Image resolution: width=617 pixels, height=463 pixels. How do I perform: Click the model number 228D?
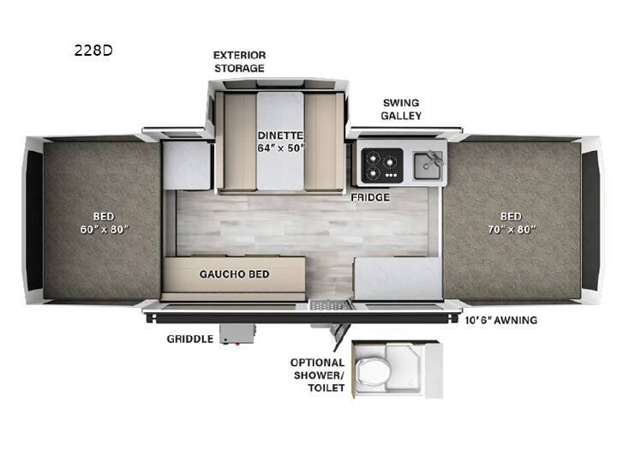tap(93, 51)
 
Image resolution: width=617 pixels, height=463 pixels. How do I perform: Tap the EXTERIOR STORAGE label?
tap(239, 62)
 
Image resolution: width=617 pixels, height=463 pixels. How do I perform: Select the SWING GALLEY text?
tap(401, 109)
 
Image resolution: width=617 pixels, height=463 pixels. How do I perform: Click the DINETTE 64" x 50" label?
tap(280, 141)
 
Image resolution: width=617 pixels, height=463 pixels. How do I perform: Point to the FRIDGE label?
tap(370, 197)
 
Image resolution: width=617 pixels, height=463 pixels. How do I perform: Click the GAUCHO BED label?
tap(234, 274)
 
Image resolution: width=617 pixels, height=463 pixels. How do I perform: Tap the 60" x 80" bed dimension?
tap(105, 229)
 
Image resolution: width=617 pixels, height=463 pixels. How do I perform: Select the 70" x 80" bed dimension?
tap(512, 229)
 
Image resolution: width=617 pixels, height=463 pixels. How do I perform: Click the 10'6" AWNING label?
tap(501, 320)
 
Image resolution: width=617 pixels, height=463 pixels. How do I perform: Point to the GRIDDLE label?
tap(190, 339)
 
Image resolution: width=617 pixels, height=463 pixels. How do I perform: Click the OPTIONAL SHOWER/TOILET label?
tap(318, 376)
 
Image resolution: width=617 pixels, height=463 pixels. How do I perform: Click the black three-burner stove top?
tap(382, 165)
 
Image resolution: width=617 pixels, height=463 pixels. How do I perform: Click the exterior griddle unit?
tap(237, 334)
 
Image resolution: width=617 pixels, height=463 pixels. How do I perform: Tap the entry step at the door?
tap(330, 304)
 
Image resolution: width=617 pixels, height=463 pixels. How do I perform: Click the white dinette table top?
tap(280, 141)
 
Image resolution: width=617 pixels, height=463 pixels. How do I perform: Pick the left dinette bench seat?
tap(239, 141)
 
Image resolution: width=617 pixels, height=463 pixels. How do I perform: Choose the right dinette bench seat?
tap(320, 141)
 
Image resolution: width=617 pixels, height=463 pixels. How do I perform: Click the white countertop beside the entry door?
tap(398, 279)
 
